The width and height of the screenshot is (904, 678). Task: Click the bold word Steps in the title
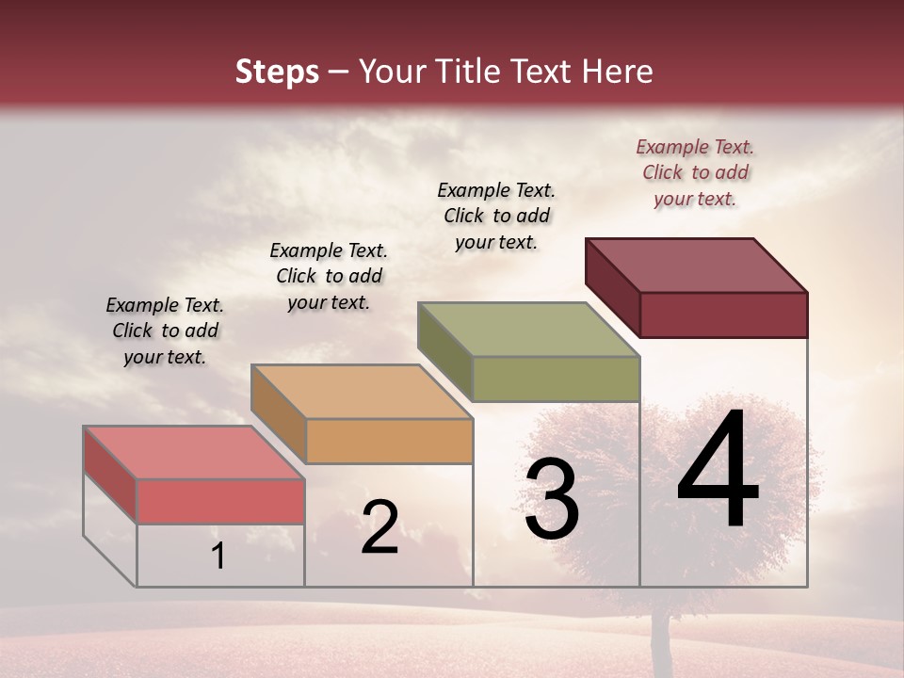tap(277, 72)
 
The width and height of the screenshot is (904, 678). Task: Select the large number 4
tap(718, 470)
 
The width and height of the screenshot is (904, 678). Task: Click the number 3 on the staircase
tap(551, 499)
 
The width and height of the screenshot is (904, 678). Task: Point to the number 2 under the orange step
tap(379, 526)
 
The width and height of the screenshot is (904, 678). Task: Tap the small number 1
tap(218, 556)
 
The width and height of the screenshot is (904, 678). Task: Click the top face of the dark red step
tap(697, 265)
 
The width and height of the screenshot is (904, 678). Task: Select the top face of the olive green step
tap(529, 329)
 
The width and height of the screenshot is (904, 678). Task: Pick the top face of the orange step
tap(362, 391)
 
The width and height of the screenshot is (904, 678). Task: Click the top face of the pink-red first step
tap(194, 452)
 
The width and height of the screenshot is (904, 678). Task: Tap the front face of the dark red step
tap(723, 315)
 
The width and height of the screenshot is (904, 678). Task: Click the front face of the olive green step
tap(556, 379)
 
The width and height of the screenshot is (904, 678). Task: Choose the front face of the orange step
tap(389, 441)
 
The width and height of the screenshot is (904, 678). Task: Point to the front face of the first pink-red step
tap(220, 501)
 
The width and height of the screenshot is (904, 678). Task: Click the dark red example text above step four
tap(695, 172)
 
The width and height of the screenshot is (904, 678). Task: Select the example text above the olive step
tap(496, 216)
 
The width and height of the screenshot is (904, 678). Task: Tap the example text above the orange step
tap(329, 276)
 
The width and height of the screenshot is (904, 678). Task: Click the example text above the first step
tap(165, 331)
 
